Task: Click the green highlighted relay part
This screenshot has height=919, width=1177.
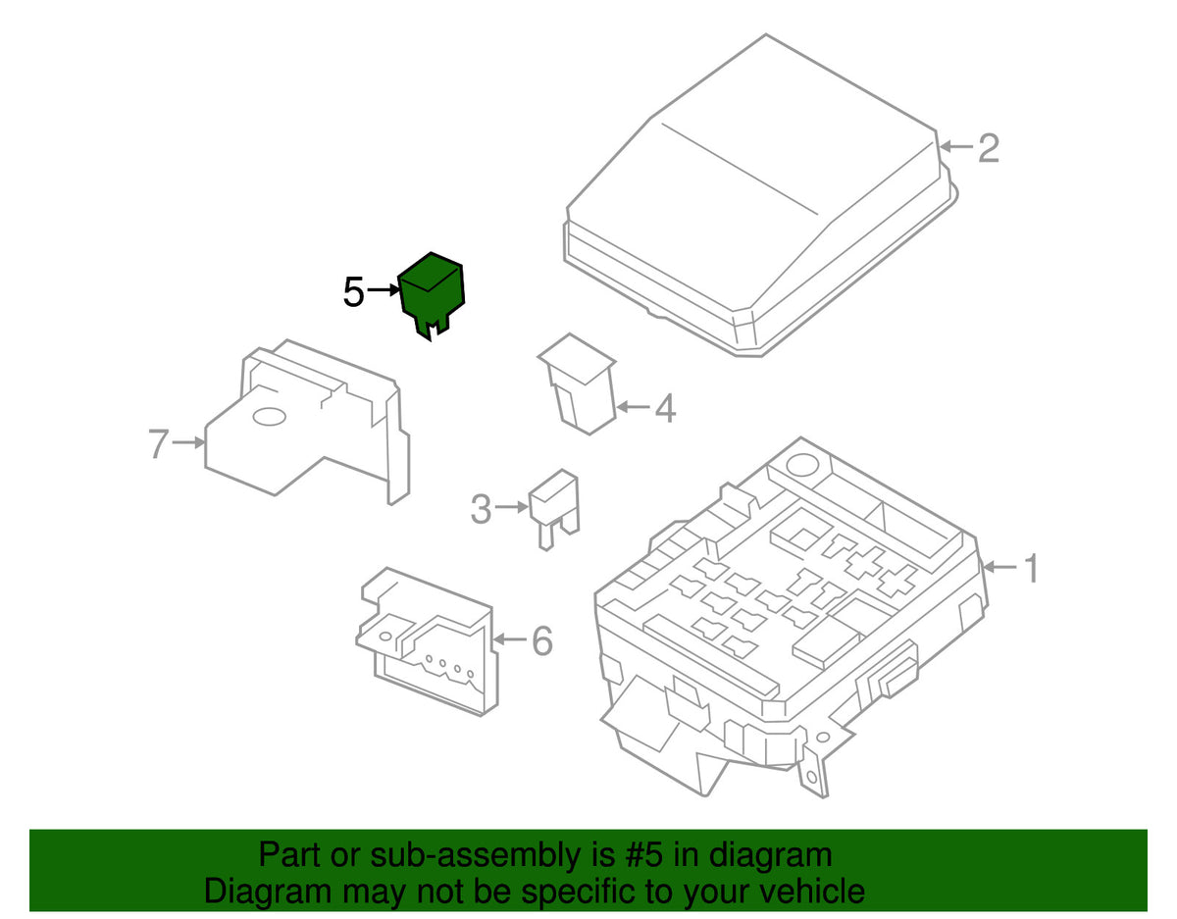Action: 432,295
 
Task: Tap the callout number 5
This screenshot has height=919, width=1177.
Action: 354,292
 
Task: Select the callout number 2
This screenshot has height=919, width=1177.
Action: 989,148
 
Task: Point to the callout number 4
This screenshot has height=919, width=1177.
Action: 666,407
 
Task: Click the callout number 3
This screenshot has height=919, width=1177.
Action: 481,509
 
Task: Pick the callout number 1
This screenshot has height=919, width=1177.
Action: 1032,568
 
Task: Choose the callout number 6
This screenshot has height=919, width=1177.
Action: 542,640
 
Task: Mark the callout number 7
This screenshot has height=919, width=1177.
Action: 159,443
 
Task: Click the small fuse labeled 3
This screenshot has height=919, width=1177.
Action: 554,509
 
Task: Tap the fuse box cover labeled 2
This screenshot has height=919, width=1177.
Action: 760,195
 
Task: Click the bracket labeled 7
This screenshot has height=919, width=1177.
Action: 307,422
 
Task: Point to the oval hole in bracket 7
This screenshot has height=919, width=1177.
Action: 269,416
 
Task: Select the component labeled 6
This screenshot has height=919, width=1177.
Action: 428,641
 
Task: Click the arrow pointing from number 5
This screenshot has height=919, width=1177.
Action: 383,291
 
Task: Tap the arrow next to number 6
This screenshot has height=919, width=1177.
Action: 510,639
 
